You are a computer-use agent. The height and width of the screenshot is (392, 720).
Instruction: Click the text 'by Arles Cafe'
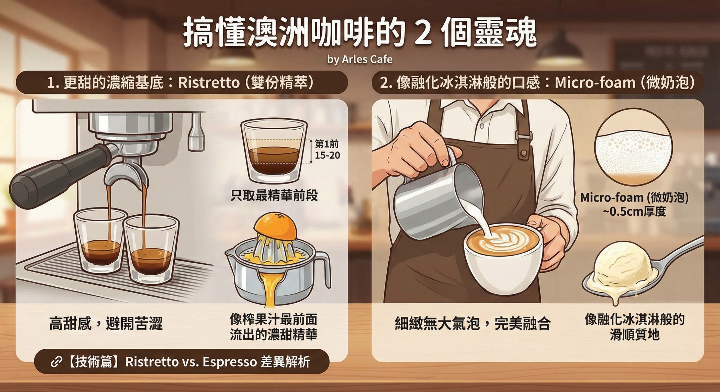point(360,59)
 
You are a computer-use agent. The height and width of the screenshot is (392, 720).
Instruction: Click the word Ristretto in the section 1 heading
point(209,83)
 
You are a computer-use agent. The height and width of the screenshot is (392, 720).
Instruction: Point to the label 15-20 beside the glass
point(327,155)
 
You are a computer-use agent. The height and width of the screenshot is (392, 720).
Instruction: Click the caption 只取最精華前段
point(274,195)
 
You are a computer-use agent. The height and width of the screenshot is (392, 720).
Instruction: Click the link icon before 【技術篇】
point(56,362)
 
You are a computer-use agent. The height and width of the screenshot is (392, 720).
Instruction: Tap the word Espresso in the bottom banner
point(229,362)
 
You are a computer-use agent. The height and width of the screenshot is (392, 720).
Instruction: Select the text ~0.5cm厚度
point(634,212)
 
